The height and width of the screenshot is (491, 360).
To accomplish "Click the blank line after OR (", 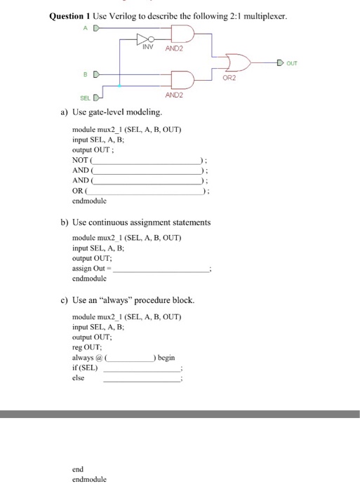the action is click(x=145, y=191).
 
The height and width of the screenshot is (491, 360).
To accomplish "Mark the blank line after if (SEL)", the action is click(x=142, y=369).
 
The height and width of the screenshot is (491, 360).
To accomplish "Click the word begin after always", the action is click(x=166, y=358).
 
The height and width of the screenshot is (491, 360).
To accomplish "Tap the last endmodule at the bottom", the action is click(x=89, y=479).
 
